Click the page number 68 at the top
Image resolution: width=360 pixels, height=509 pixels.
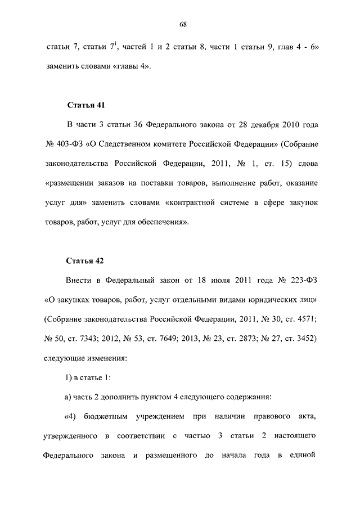click(x=183, y=23)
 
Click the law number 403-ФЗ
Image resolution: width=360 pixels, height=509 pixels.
click(x=69, y=144)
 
